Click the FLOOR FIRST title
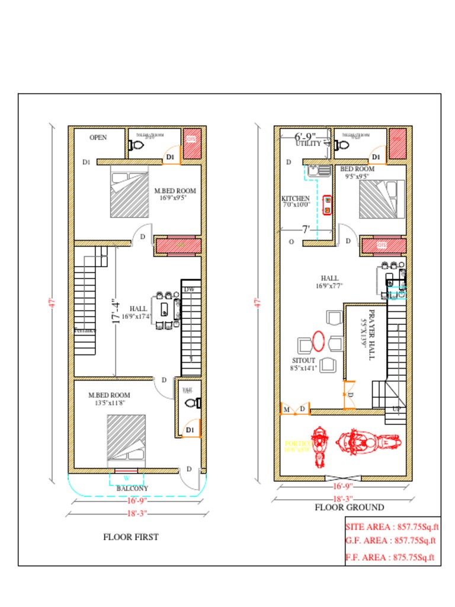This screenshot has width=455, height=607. coord(131,537)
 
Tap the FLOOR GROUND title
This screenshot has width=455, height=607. coord(349,507)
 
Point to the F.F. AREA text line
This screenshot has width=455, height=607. coord(390,557)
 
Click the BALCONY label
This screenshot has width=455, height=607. coord(132,488)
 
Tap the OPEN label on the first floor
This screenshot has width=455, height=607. coord(98,138)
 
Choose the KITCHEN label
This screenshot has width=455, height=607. coord(295,199)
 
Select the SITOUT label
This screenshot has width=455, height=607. coord(304,360)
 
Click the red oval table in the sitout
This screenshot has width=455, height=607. coord(318,341)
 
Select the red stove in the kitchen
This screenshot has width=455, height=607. coord(327,203)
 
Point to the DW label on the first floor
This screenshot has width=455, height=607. coord(189,289)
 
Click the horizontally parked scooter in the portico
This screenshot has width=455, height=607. coord(369,442)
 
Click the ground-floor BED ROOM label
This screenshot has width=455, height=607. coord(357,169)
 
